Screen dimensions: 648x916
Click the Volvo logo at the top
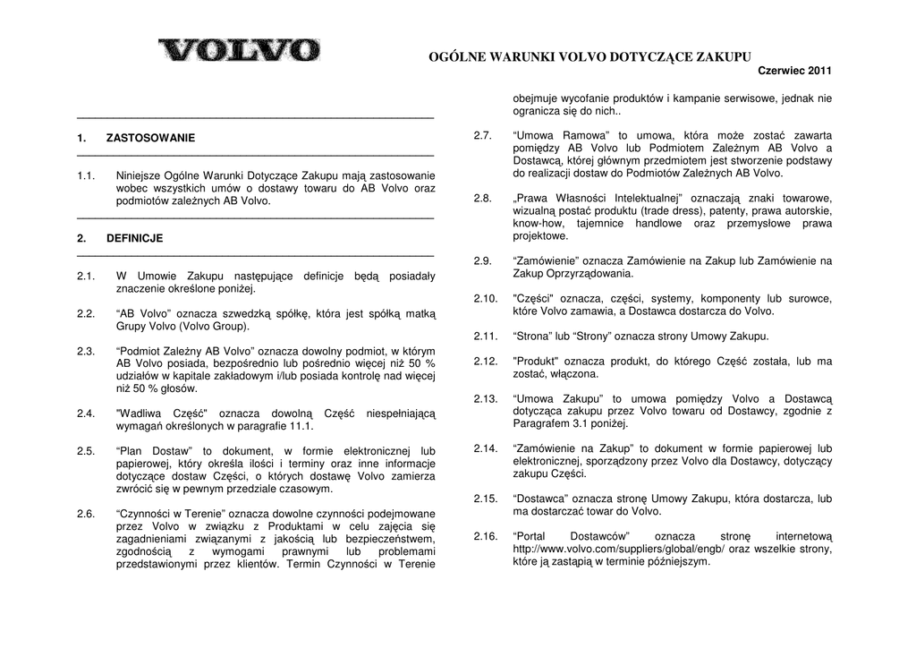(x=239, y=49)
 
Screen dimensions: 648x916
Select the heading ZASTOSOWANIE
(x=150, y=139)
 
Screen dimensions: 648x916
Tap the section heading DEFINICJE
(x=134, y=239)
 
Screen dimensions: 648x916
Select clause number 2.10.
(x=485, y=299)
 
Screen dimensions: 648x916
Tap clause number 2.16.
(x=485, y=537)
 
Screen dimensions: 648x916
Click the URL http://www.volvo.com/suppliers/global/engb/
(x=617, y=550)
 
